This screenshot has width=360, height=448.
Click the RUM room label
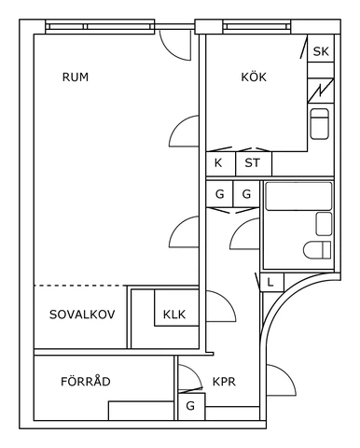click(x=76, y=77)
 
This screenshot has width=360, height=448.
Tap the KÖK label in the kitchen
click(x=253, y=77)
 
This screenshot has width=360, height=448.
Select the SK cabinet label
click(x=321, y=51)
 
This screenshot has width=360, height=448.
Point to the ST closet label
click(x=252, y=163)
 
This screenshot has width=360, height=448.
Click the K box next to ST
click(x=219, y=163)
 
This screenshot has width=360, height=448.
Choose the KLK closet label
click(x=174, y=315)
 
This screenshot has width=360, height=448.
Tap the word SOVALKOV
click(x=82, y=315)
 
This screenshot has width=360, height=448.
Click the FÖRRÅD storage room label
click(x=86, y=382)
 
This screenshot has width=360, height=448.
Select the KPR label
click(x=224, y=382)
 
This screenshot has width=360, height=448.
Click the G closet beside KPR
click(x=190, y=406)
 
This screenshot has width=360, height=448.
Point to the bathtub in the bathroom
click(x=298, y=196)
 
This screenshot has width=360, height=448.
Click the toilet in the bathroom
click(x=318, y=249)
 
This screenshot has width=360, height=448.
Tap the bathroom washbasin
click(x=324, y=223)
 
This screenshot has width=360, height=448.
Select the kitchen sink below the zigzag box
click(x=320, y=124)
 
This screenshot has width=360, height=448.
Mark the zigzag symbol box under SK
click(x=320, y=90)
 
